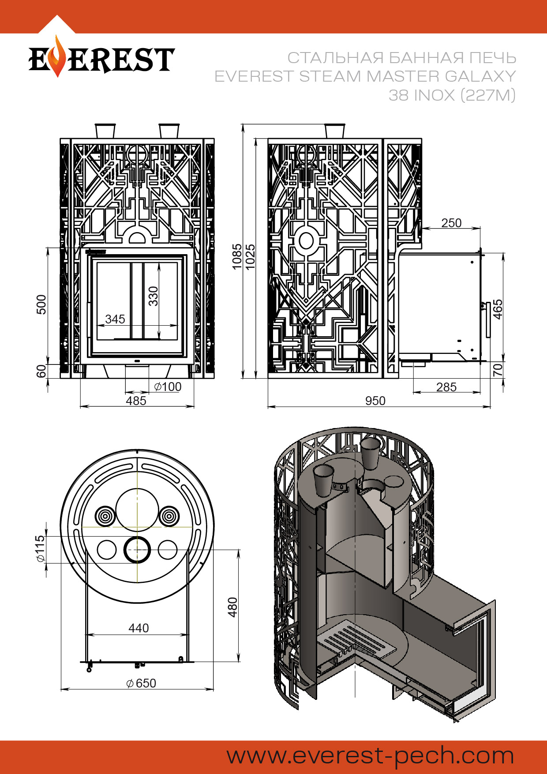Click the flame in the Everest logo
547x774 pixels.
point(58,57)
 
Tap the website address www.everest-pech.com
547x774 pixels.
point(370,755)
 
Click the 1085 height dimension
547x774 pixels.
point(237,256)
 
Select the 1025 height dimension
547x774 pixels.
point(250,256)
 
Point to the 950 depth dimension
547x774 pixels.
point(375,401)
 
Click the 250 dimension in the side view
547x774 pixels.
point(451,223)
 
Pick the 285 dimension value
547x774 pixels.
point(446,387)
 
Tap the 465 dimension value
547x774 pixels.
point(498,309)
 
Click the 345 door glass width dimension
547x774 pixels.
point(115,319)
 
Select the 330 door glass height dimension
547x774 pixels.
point(153,296)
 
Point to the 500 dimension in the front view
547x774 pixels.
point(41,304)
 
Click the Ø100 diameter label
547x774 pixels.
point(168,387)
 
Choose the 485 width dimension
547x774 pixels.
point(136,401)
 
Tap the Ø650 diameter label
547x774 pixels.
point(141,683)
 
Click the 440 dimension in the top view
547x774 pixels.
point(139,628)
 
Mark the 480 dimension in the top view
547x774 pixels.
point(232,607)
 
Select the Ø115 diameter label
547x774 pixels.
point(41,549)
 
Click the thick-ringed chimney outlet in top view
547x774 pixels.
point(137,550)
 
